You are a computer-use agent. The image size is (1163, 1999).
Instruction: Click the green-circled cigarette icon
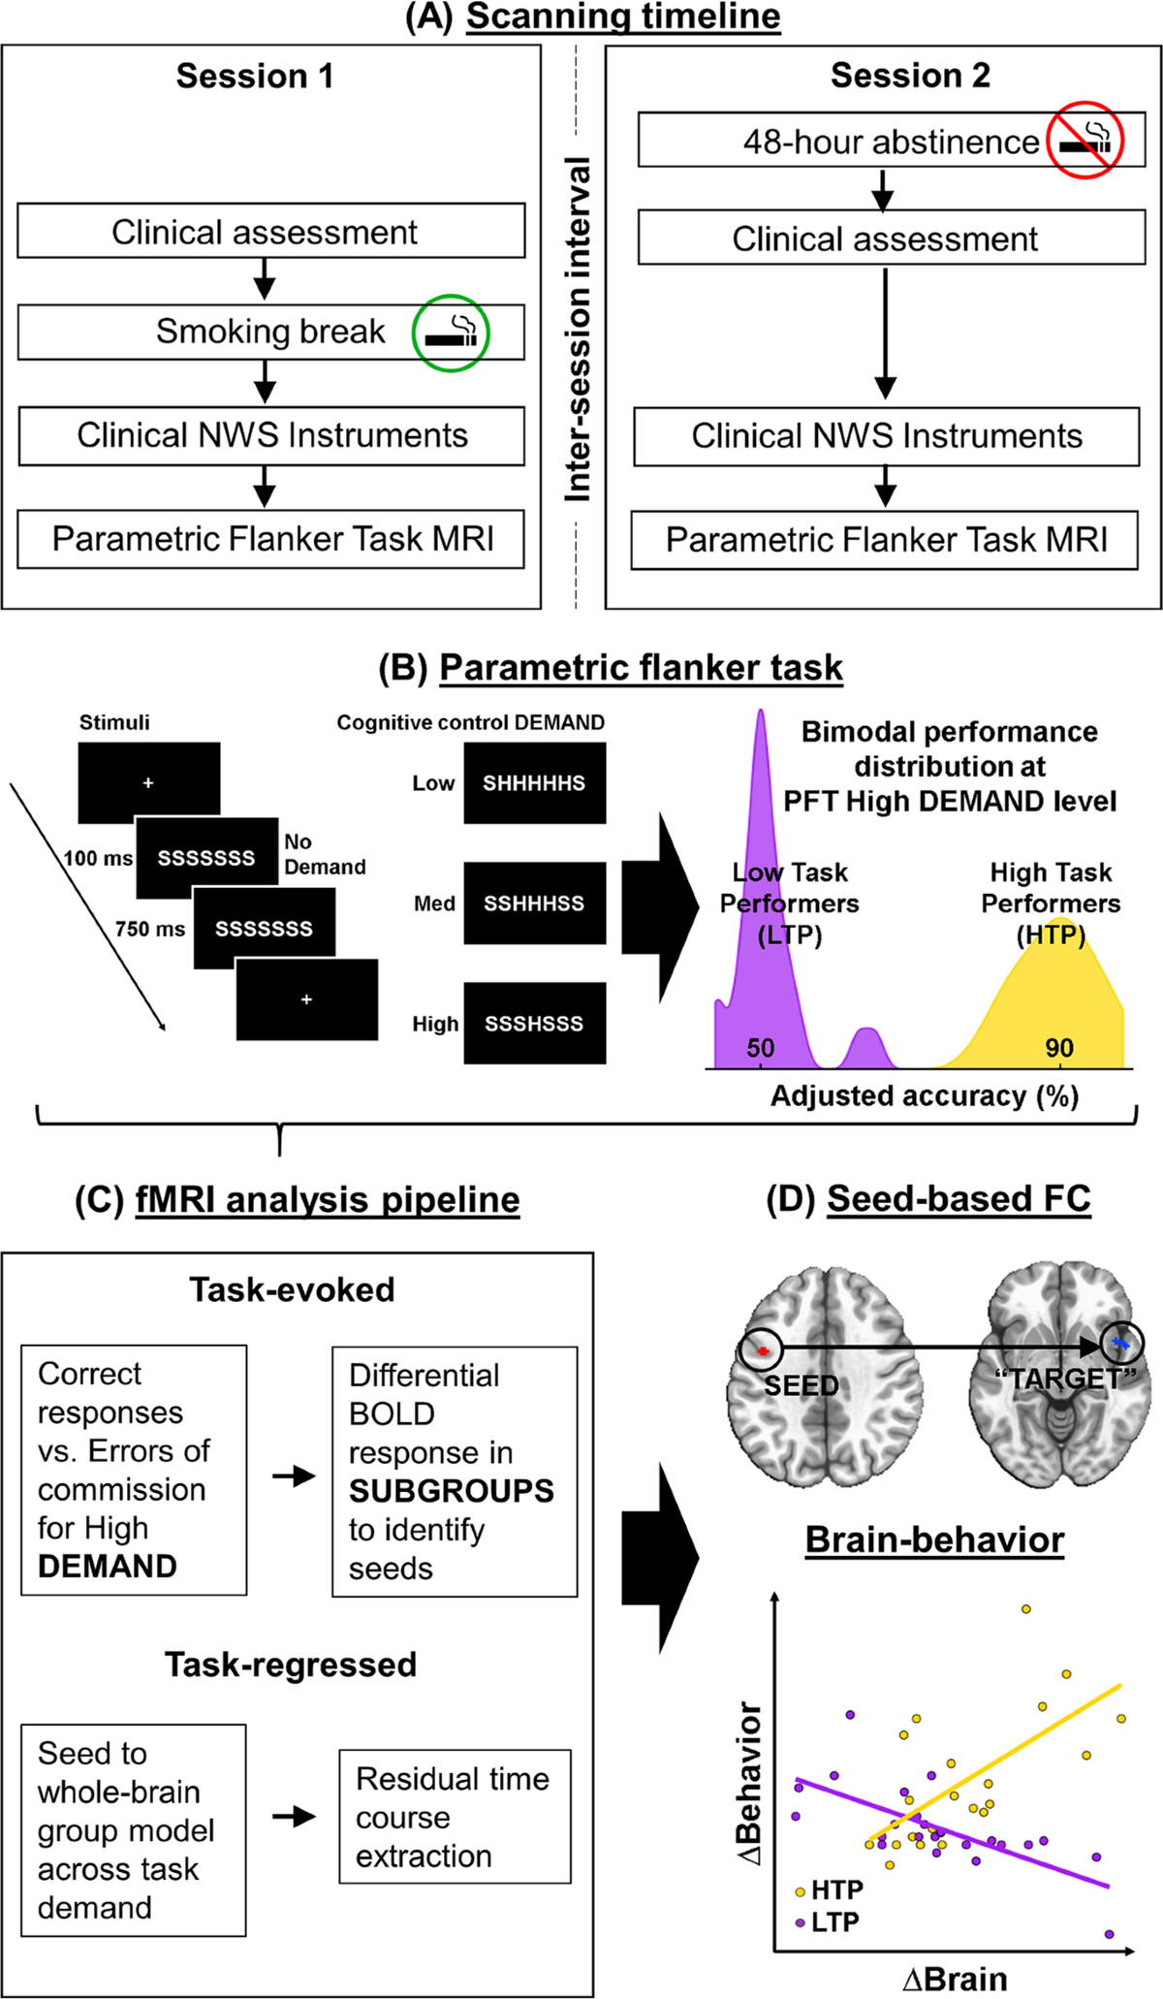pos(451,333)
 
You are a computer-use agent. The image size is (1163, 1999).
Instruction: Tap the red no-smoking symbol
pos(1084,140)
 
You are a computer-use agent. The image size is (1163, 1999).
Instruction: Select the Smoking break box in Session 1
pos(271,333)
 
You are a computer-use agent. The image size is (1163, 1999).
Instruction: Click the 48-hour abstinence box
pos(892,141)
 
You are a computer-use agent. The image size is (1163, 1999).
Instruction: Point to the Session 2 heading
pos(910,76)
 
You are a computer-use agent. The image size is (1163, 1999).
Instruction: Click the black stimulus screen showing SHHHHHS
pos(535,783)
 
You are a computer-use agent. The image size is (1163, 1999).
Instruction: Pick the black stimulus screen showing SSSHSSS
pos(535,1024)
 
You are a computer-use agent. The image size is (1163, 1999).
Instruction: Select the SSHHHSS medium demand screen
pos(535,904)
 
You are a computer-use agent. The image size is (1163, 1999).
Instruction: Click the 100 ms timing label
pos(98,858)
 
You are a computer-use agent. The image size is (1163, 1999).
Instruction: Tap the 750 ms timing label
pos(150,929)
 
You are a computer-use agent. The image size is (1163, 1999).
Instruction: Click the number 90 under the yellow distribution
pos(1059,1048)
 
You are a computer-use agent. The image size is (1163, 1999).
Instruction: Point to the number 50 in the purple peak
pos(761,1048)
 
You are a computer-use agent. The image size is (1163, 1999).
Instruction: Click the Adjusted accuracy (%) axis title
pos(925,1096)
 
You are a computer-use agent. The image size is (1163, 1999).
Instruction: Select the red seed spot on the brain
pos(764,1350)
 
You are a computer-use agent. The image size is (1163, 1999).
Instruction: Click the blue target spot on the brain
pos(1121,1344)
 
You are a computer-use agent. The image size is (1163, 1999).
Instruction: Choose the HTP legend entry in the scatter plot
pos(829,1890)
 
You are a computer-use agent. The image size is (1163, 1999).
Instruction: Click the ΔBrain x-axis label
pos(955,1979)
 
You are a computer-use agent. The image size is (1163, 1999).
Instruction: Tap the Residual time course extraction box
pos(455,1817)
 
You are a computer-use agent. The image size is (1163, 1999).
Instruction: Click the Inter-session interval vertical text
pos(578,330)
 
